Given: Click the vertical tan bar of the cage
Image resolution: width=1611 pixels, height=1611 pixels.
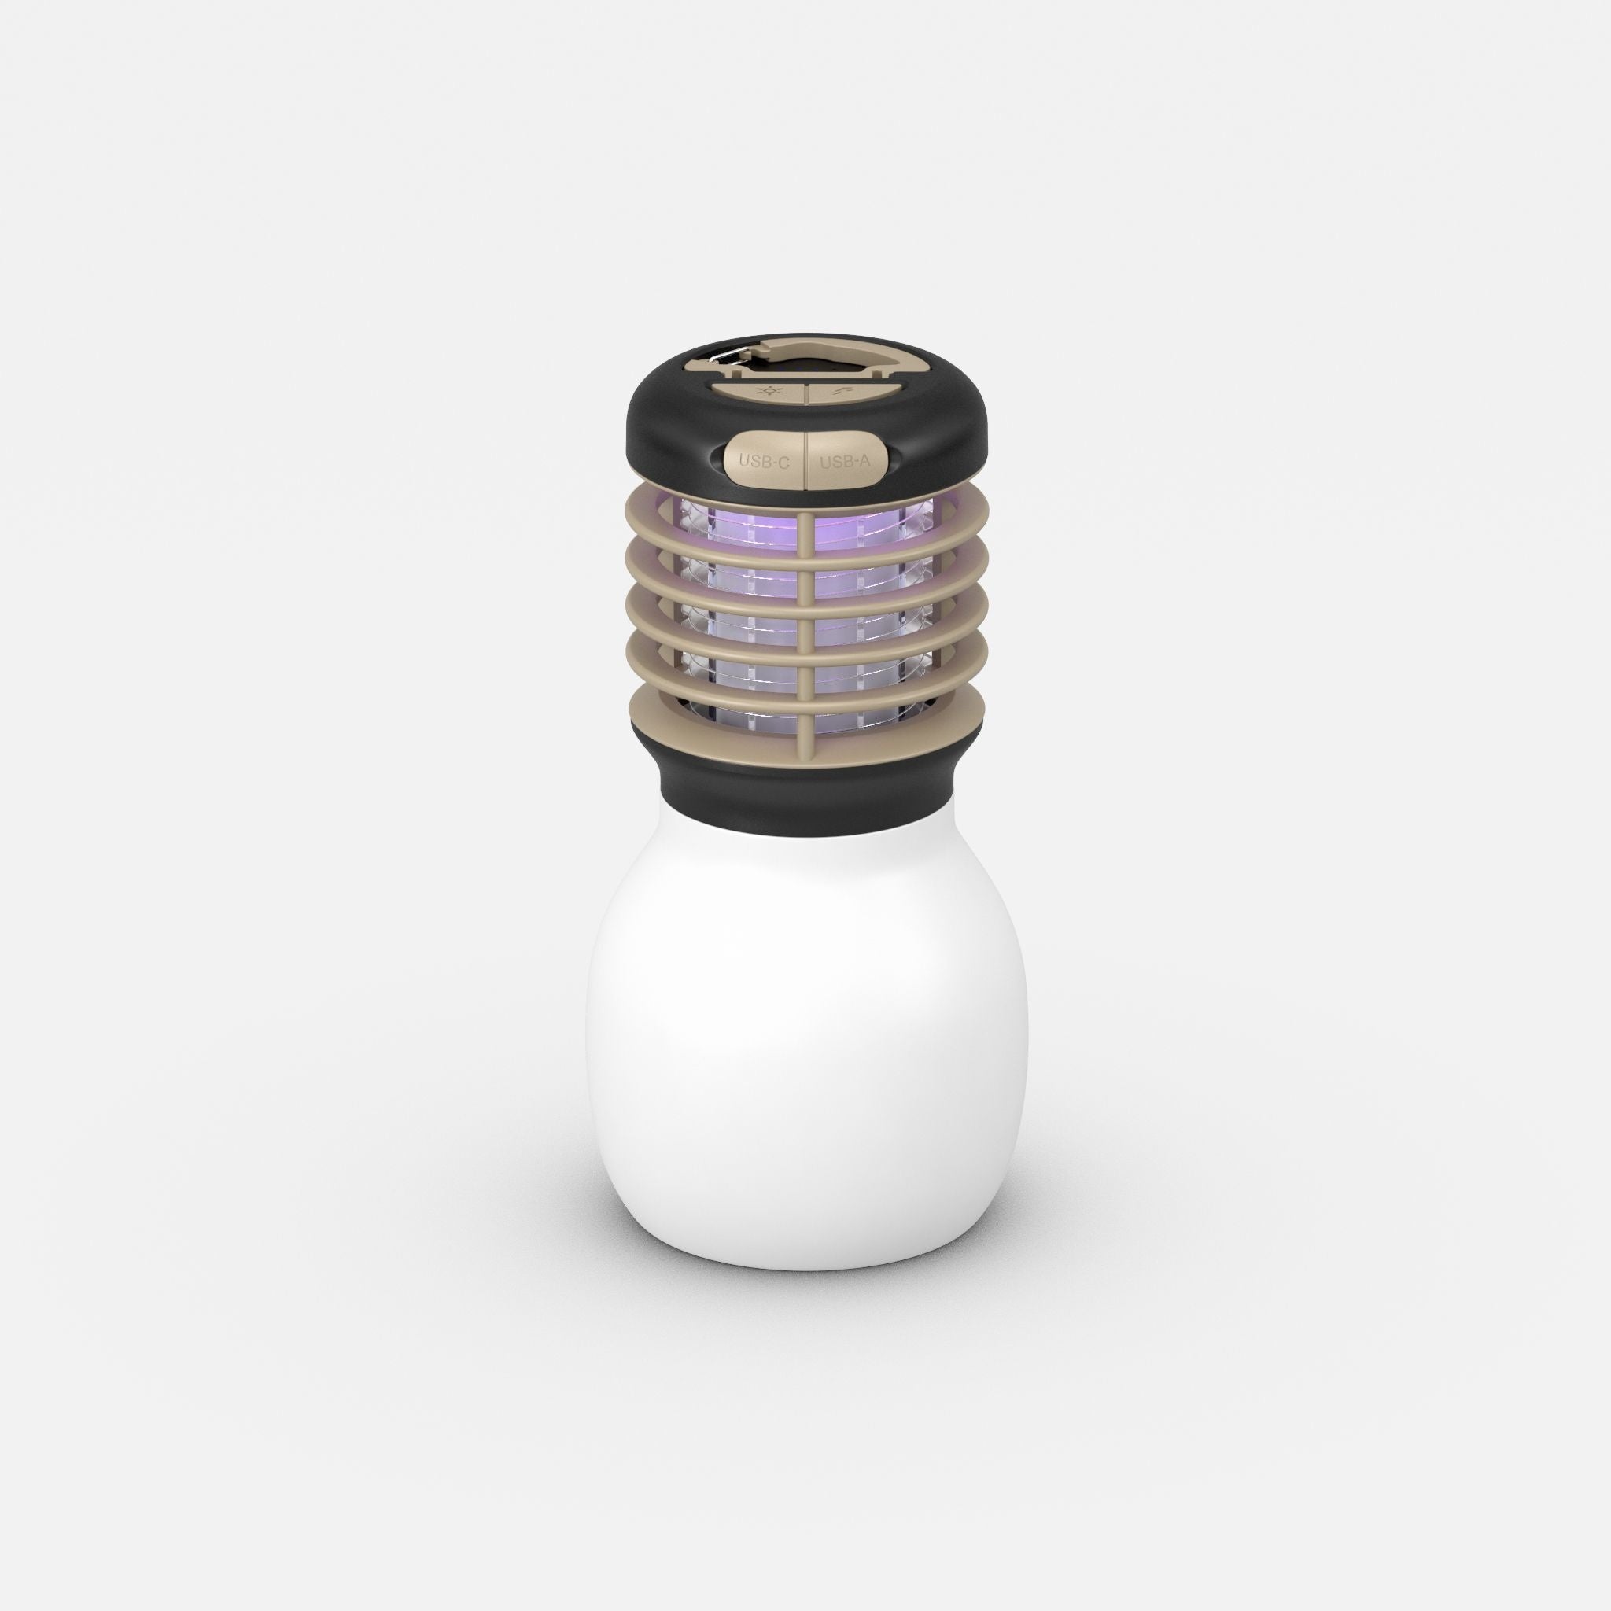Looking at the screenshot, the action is [x=805, y=625].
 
